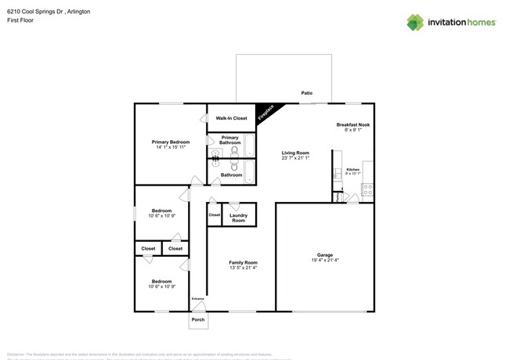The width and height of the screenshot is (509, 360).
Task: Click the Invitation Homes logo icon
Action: coord(415,22)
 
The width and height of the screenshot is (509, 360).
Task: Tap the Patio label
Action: coord(307,93)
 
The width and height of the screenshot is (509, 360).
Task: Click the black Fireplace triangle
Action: coord(265,113)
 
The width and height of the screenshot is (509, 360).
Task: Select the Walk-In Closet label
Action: coord(231,118)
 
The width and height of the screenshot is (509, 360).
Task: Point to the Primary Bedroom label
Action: coord(171,142)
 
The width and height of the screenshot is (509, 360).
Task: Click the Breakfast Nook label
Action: coord(352,124)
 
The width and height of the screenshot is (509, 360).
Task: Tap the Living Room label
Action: coord(295,153)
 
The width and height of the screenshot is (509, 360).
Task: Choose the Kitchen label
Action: coord(353,170)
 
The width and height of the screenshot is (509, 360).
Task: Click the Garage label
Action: coord(325,254)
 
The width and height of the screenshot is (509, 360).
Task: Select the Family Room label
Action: coord(243,262)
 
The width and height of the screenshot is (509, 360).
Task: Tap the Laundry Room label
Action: coord(239,218)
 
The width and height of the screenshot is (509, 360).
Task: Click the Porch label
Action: coord(198,319)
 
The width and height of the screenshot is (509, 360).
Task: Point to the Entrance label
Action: coord(198,298)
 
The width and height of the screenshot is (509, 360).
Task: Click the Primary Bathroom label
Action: coord(229,140)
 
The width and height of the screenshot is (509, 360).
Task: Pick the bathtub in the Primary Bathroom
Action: coord(249,146)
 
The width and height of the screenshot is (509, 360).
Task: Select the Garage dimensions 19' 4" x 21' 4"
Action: coord(325,260)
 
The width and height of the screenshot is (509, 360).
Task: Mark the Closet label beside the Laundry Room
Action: coord(214,214)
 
